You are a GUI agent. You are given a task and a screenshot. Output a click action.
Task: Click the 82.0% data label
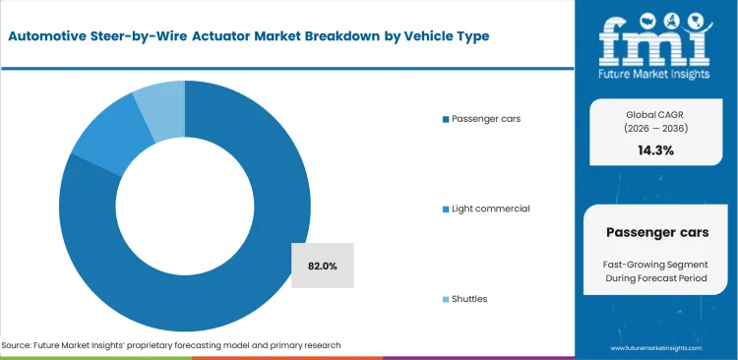click(x=322, y=266)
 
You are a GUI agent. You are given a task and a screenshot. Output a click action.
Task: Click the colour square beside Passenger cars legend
click(x=446, y=119)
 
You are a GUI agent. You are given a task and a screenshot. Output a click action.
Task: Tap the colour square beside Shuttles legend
click(x=446, y=298)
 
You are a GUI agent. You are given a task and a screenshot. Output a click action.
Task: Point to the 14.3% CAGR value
click(x=656, y=150)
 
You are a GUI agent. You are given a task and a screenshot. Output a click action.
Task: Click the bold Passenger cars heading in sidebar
click(x=656, y=232)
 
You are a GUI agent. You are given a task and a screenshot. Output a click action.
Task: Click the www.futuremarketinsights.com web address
click(x=656, y=347)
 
